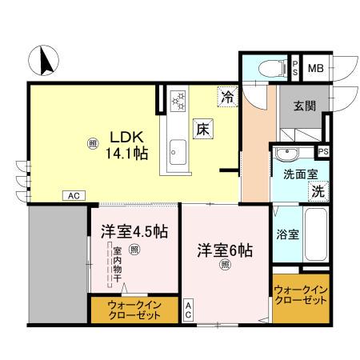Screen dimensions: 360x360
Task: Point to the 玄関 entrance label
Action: (x=305, y=105)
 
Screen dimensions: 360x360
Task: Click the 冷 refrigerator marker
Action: (x=227, y=98)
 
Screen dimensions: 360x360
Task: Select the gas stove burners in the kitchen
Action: (x=178, y=100)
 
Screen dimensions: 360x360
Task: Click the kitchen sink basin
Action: (x=178, y=150)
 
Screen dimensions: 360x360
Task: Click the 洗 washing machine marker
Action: (x=318, y=191)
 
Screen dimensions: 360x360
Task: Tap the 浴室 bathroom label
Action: (x=288, y=234)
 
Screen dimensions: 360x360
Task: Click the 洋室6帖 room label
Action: (x=225, y=250)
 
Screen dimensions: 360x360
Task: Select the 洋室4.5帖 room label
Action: (x=134, y=232)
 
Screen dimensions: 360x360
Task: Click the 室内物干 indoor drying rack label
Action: (x=115, y=269)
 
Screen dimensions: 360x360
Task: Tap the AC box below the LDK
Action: (x=73, y=195)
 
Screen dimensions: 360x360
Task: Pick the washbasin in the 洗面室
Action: (x=285, y=153)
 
